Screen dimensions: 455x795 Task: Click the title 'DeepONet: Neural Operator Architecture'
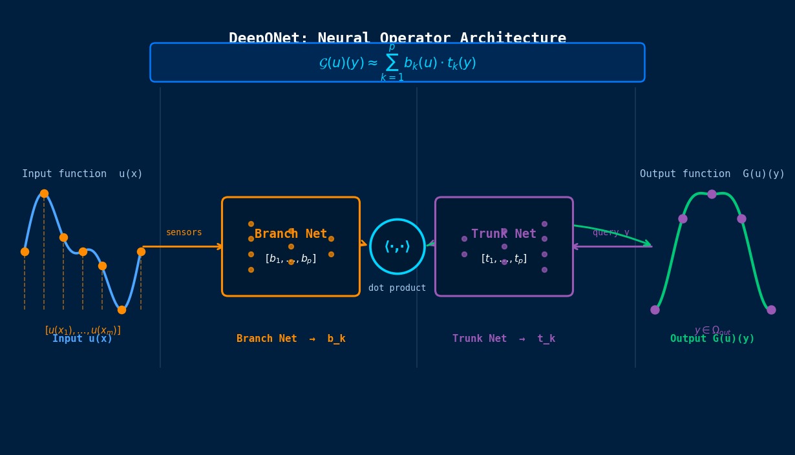tap(397, 37)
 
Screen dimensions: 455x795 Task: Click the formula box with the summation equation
tap(397, 63)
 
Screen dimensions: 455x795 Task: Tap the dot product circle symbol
tap(397, 246)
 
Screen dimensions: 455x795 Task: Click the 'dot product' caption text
tap(397, 288)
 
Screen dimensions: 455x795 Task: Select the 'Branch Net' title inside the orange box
tap(291, 234)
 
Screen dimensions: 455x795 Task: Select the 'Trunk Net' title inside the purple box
tap(503, 234)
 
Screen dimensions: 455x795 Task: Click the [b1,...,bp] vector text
tap(291, 259)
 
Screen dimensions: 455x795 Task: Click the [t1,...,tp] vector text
tap(503, 259)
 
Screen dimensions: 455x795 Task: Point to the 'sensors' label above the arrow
tap(184, 233)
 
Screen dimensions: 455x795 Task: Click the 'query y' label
tap(611, 233)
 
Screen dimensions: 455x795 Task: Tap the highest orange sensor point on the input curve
tap(44, 193)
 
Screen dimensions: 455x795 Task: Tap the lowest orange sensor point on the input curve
tap(122, 310)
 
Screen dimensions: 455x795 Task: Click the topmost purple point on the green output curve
tap(712, 194)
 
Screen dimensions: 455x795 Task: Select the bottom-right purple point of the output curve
tap(771, 310)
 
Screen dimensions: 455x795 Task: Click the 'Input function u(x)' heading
tap(82, 174)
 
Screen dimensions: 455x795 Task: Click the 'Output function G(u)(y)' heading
tap(712, 174)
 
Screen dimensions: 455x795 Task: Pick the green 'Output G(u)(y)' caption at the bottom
tap(712, 339)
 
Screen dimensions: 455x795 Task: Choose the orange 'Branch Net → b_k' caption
tap(291, 339)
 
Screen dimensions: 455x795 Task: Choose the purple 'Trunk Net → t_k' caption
tap(503, 339)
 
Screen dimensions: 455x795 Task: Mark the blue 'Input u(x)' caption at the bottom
tap(82, 339)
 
